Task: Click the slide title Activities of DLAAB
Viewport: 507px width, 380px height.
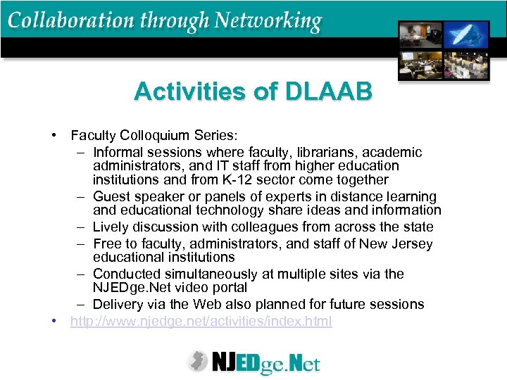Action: pyautogui.click(x=253, y=91)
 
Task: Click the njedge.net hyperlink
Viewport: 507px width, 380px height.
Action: pyautogui.click(x=201, y=322)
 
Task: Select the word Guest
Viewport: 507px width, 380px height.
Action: pyautogui.click(x=111, y=196)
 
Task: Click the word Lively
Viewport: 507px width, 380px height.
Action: pyautogui.click(x=112, y=227)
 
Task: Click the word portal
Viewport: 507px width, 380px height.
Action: pyautogui.click(x=227, y=287)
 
